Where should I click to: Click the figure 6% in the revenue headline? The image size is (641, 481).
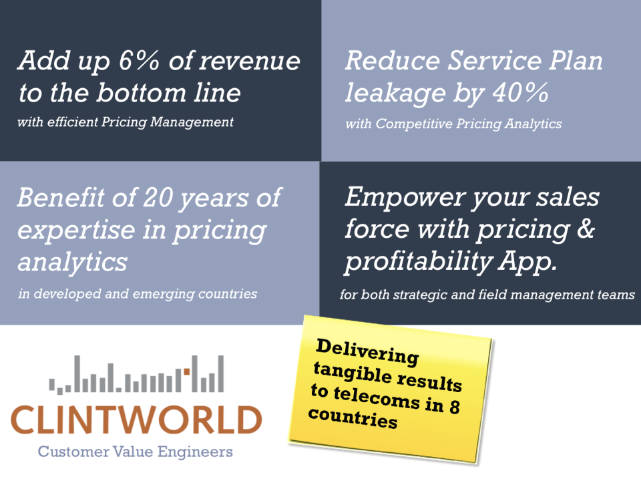pyautogui.click(x=139, y=61)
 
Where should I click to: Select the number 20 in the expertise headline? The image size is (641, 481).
pyautogui.click(x=158, y=198)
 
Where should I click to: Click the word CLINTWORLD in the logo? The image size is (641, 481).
pyautogui.click(x=136, y=420)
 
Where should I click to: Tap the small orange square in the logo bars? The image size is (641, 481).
pyautogui.click(x=186, y=371)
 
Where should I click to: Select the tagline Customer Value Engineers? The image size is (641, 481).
pyautogui.click(x=136, y=452)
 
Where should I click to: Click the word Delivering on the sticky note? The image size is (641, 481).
pyautogui.click(x=367, y=352)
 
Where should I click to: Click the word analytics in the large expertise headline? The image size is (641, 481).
pyautogui.click(x=72, y=262)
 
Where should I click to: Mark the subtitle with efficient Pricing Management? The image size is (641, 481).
pyautogui.click(x=125, y=122)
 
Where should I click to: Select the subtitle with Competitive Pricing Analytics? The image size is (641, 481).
pyautogui.click(x=453, y=124)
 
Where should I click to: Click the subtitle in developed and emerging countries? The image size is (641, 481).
pyautogui.click(x=138, y=294)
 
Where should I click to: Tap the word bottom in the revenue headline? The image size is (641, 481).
pyautogui.click(x=141, y=93)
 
